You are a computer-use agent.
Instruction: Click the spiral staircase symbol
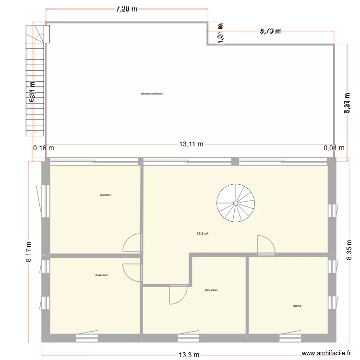(x=236, y=203)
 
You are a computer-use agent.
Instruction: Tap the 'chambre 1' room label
(x=107, y=195)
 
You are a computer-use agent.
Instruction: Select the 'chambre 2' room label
(x=101, y=275)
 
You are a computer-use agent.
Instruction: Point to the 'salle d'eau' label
(x=211, y=290)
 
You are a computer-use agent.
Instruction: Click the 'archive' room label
(x=297, y=306)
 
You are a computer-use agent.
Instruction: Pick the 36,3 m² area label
(x=202, y=234)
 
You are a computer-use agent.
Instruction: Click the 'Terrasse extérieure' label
(x=152, y=94)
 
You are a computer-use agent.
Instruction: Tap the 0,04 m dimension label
(x=334, y=148)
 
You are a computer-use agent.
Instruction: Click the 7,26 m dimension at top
(x=126, y=9)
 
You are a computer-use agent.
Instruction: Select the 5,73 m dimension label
(x=271, y=31)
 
